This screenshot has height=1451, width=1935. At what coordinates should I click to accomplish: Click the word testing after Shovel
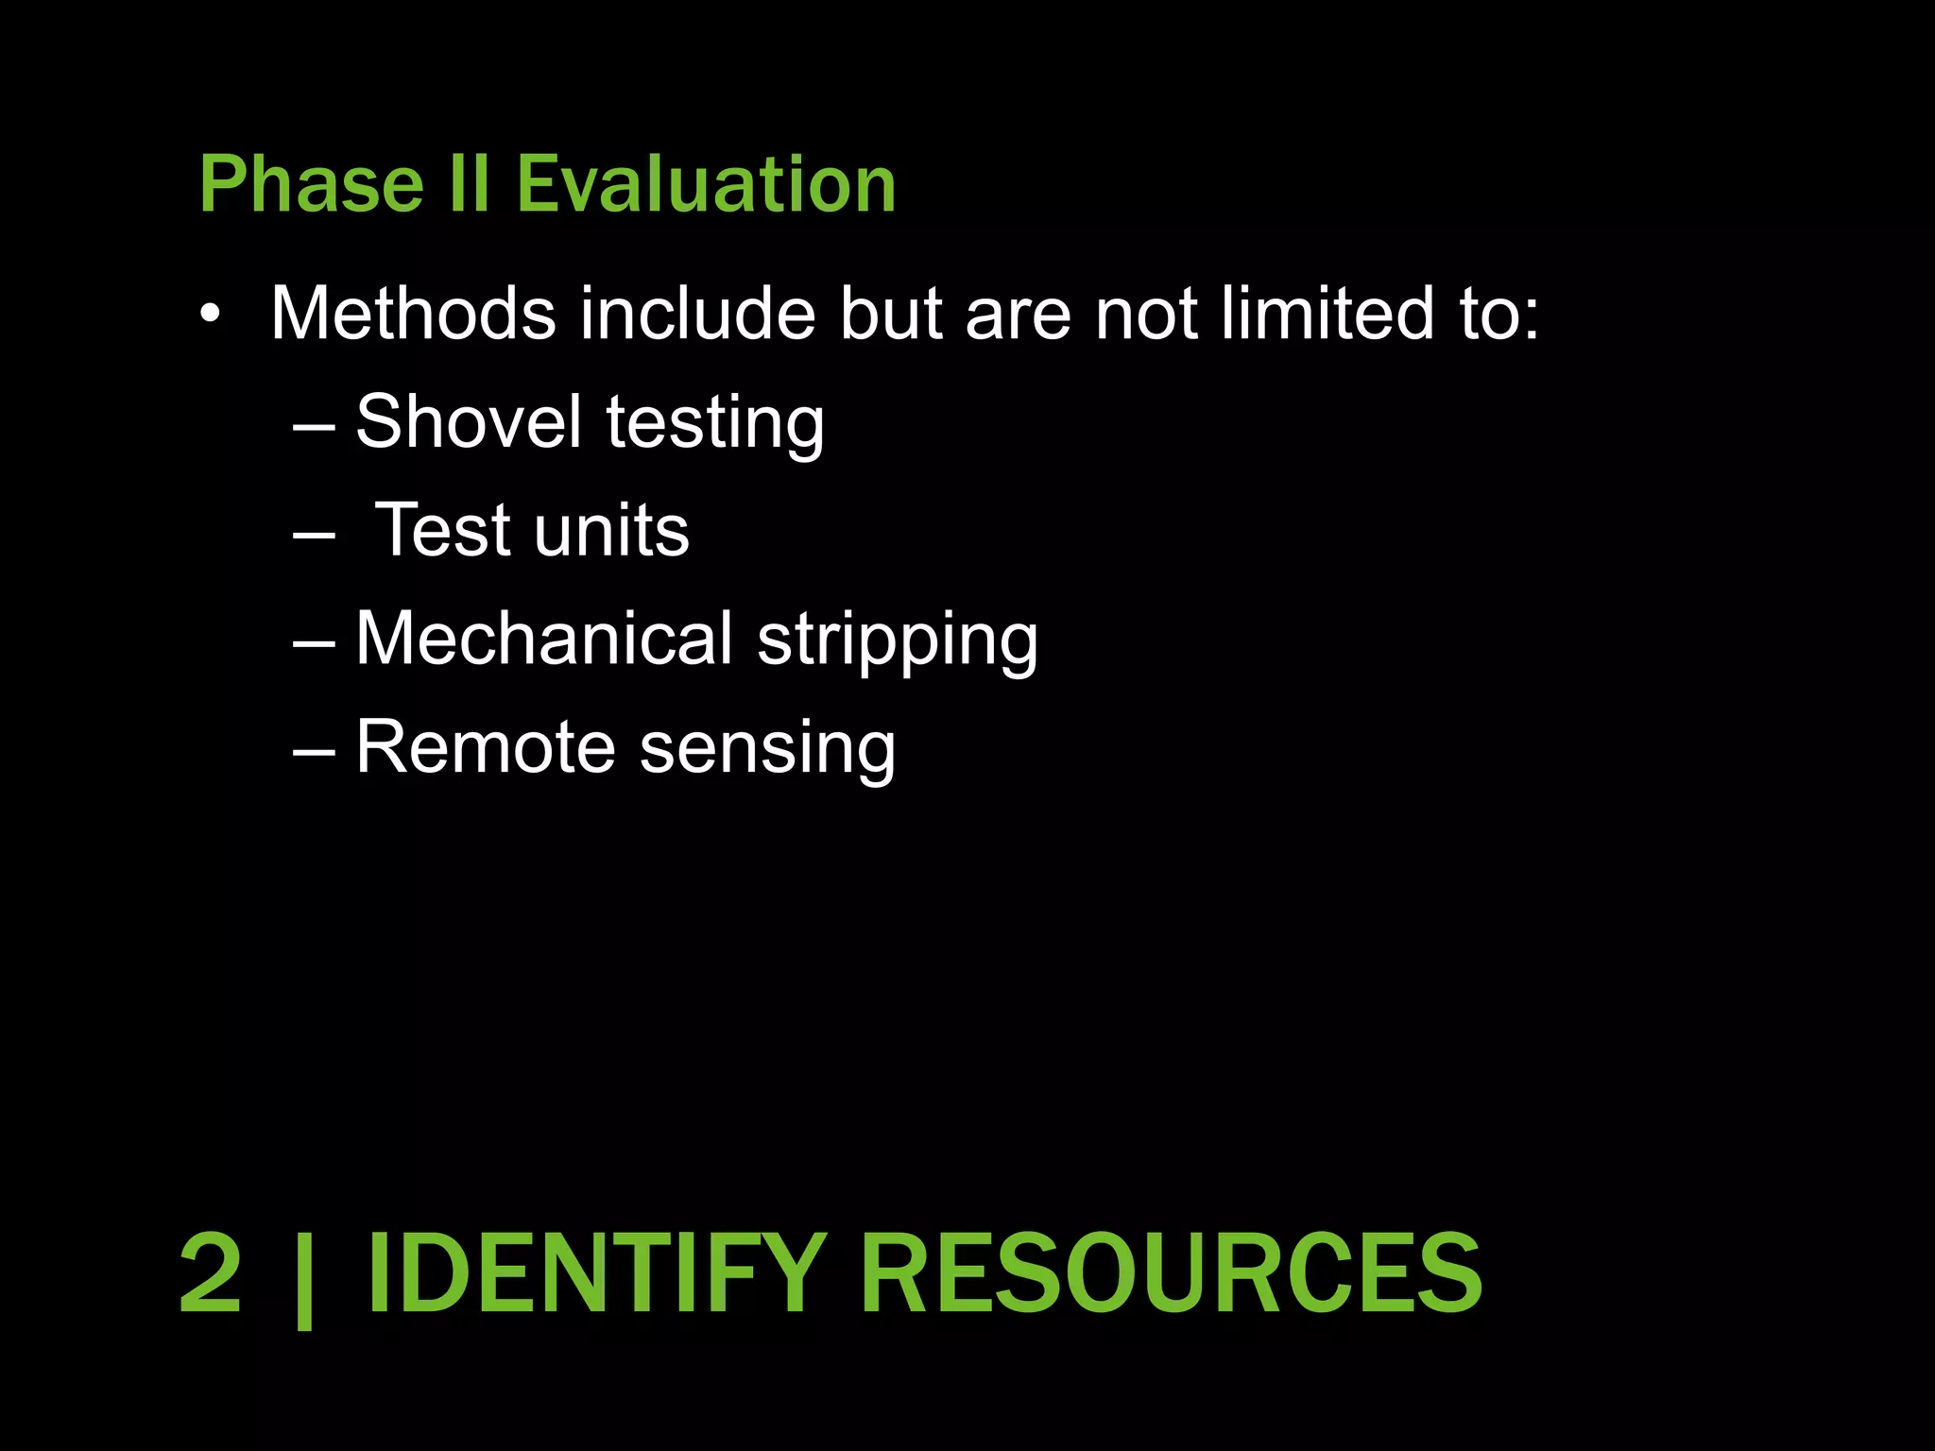(715, 424)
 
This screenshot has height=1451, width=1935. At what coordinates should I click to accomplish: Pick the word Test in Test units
(442, 530)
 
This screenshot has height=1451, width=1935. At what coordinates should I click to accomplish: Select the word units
(611, 531)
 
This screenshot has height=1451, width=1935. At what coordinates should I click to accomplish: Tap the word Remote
(486, 747)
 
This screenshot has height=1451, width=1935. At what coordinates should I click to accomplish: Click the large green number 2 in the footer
(211, 1272)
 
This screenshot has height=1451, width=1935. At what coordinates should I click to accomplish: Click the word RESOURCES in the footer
(1171, 1272)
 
